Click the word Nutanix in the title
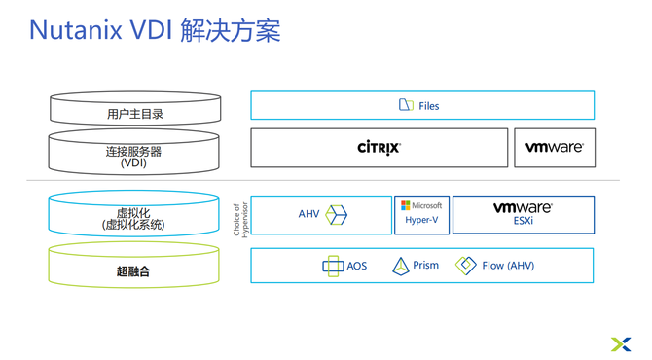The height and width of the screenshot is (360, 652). click(75, 30)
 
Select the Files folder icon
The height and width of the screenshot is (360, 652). click(406, 105)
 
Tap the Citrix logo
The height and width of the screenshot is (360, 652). click(379, 148)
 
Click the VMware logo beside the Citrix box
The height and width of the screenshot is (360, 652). click(555, 147)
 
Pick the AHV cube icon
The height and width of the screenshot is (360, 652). click(336, 215)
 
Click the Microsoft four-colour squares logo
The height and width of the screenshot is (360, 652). click(405, 205)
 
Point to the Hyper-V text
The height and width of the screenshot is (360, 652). click(421, 220)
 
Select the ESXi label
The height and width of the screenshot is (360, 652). click(524, 221)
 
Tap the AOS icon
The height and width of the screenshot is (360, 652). click(333, 266)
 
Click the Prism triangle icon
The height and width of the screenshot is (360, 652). click(400, 267)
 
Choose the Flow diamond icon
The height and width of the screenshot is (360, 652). click(466, 266)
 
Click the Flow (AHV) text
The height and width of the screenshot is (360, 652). click(508, 266)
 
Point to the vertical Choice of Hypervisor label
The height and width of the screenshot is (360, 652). click(240, 220)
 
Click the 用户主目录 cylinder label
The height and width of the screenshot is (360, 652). click(135, 114)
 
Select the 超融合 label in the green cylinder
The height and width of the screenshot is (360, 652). click(133, 271)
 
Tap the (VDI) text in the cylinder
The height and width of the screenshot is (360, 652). click(133, 162)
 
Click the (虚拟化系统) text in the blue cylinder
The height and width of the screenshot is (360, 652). click(133, 225)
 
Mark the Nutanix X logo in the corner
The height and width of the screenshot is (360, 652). click(621, 344)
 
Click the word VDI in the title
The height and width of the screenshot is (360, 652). click(152, 30)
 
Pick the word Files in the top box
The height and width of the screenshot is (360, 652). click(429, 106)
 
